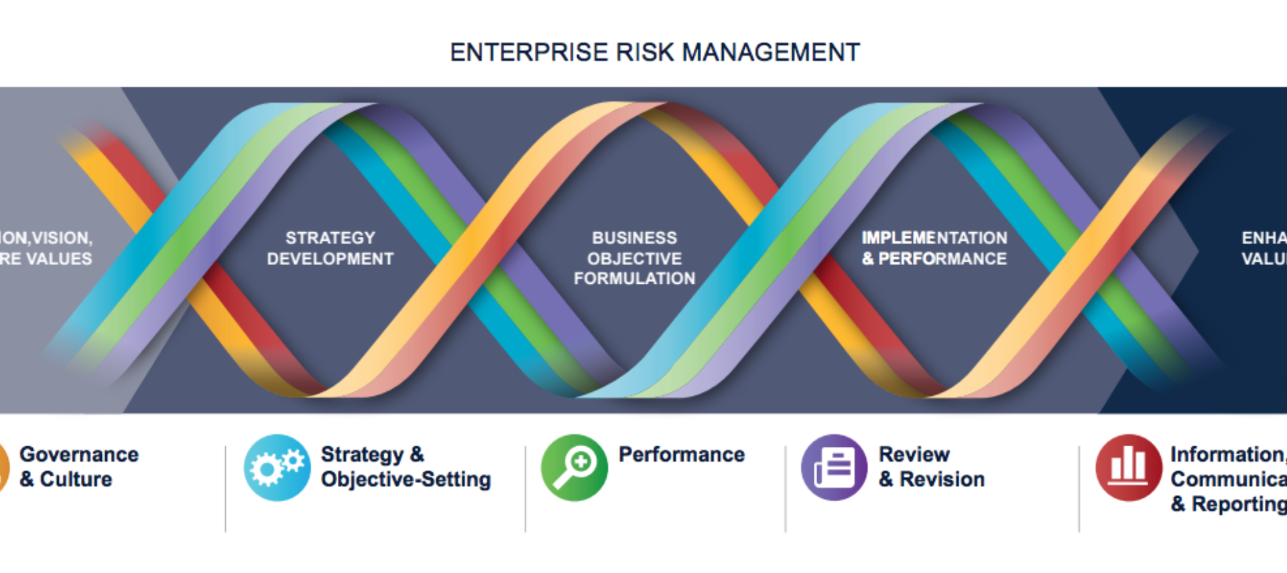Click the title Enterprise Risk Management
pos(654,52)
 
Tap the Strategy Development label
pos(330,248)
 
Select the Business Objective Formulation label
pos(634,258)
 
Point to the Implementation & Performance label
pos(934,248)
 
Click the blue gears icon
pos(277,468)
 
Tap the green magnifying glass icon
pos(574,468)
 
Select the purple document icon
pos(834,468)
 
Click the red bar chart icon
pos(1128,468)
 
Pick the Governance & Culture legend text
pos(79,467)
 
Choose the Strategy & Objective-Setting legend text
pos(406,467)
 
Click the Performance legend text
pos(681,455)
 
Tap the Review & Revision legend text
pos(931,467)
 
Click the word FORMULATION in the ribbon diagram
pos(634,278)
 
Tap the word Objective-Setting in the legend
pos(406,480)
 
